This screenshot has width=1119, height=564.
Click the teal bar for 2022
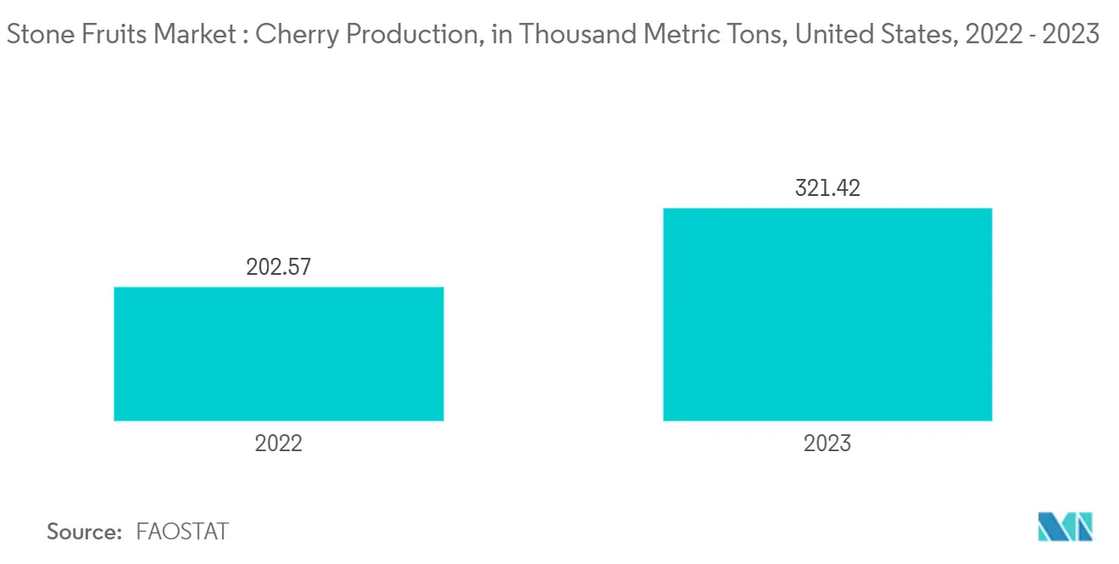coord(278,354)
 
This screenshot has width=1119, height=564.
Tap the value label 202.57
coord(278,267)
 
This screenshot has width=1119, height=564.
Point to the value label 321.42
coord(827,188)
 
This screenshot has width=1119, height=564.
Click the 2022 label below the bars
coord(278,443)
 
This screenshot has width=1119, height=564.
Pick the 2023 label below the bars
coord(827,443)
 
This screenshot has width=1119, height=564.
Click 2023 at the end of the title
coord(1072,35)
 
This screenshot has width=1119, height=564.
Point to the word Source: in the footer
coord(84,532)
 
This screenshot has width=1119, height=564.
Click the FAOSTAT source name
coord(181,532)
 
